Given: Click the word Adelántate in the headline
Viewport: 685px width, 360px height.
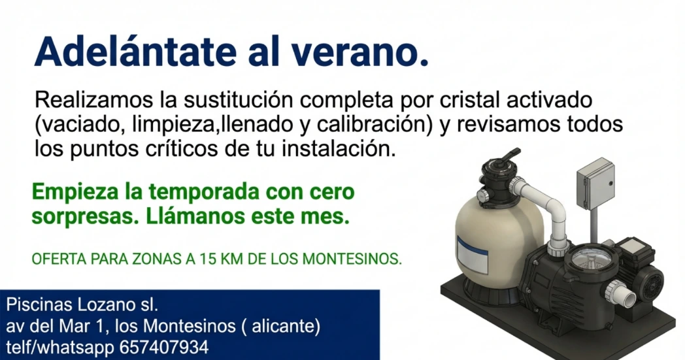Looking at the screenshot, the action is click(x=136, y=52).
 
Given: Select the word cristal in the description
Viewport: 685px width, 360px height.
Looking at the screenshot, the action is click(x=469, y=100).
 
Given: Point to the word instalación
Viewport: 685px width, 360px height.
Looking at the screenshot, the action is click(x=339, y=149).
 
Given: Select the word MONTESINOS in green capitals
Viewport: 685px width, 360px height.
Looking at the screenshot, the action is click(x=352, y=259).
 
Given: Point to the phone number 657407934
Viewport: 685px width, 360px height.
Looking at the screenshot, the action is click(x=164, y=348).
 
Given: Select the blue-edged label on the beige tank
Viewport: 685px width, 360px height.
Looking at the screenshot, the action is click(x=473, y=254).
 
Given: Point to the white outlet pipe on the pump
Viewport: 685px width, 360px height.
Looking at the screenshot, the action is click(x=622, y=293).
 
